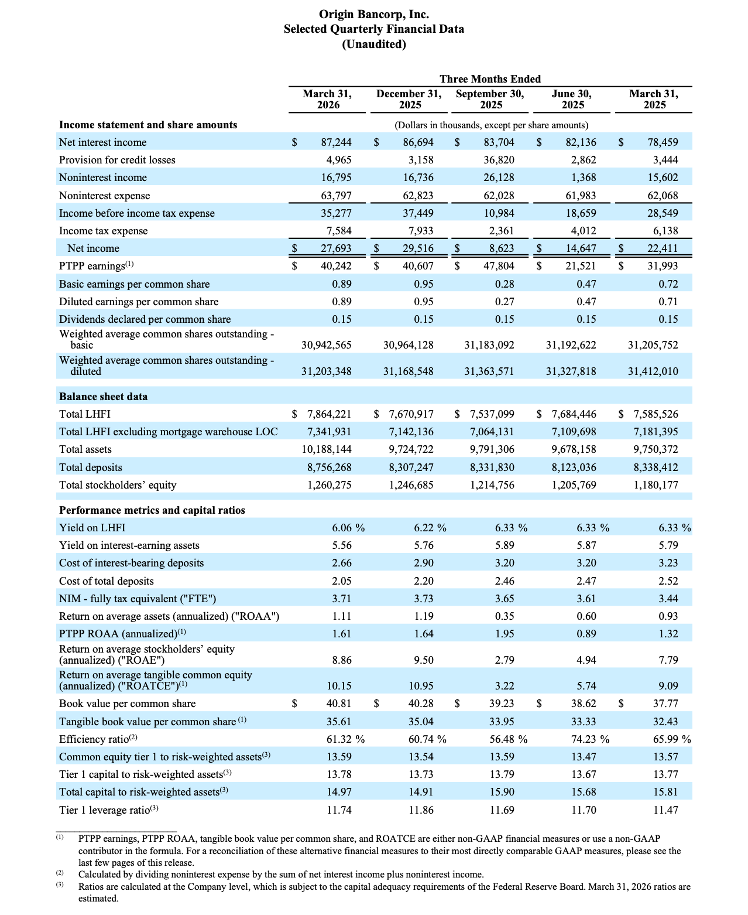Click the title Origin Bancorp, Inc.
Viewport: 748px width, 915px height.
pyautogui.click(x=373, y=14)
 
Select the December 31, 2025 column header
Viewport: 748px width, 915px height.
pyautogui.click(x=409, y=99)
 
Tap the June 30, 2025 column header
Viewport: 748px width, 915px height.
pyautogui.click(x=572, y=99)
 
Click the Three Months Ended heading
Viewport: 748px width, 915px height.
pyautogui.click(x=490, y=78)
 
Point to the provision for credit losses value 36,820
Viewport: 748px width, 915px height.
pyautogui.click(x=498, y=160)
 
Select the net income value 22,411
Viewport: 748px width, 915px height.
pyautogui.click(x=663, y=248)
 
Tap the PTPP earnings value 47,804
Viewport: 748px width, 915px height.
pyautogui.click(x=498, y=266)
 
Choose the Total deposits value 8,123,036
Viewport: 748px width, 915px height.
pyautogui.click(x=571, y=467)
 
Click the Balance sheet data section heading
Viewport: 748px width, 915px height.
pyautogui.click(x=103, y=397)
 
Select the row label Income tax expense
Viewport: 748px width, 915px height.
pyautogui.click(x=103, y=231)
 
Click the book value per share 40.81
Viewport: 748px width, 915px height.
pyautogui.click(x=339, y=704)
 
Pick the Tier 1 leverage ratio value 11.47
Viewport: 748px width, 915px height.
pyautogui.click(x=666, y=810)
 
